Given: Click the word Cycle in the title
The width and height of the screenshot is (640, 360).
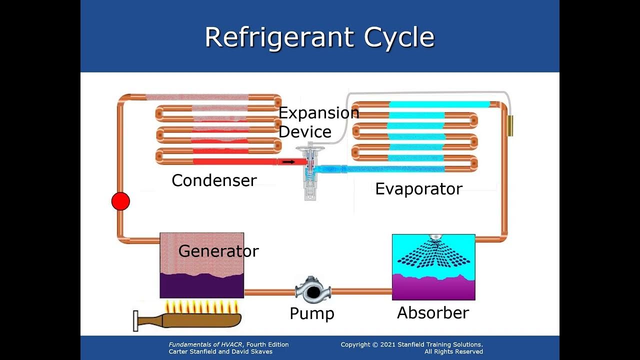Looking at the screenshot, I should pyautogui.click(x=399, y=37).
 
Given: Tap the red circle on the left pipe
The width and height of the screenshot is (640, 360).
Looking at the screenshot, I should pyautogui.click(x=120, y=201).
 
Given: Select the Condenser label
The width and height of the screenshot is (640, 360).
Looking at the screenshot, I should pyautogui.click(x=214, y=180).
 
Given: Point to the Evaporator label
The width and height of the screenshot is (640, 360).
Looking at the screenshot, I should pyautogui.click(x=418, y=189).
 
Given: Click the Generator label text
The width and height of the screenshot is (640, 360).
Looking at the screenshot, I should pyautogui.click(x=218, y=251).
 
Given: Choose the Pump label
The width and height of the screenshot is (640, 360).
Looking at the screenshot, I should pyautogui.click(x=312, y=313).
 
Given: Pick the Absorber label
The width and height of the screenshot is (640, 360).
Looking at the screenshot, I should pyautogui.click(x=433, y=313).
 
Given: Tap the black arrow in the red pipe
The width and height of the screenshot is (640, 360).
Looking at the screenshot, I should pyautogui.click(x=288, y=162).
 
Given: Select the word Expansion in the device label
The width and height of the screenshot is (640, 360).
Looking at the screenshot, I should pyautogui.click(x=318, y=113).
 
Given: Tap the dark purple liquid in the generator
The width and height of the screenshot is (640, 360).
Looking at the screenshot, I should pyautogui.click(x=201, y=286).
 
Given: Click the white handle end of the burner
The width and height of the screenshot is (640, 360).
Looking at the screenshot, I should pyautogui.click(x=135, y=321).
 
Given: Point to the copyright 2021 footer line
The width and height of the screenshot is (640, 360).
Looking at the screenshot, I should pyautogui.click(x=411, y=344).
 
